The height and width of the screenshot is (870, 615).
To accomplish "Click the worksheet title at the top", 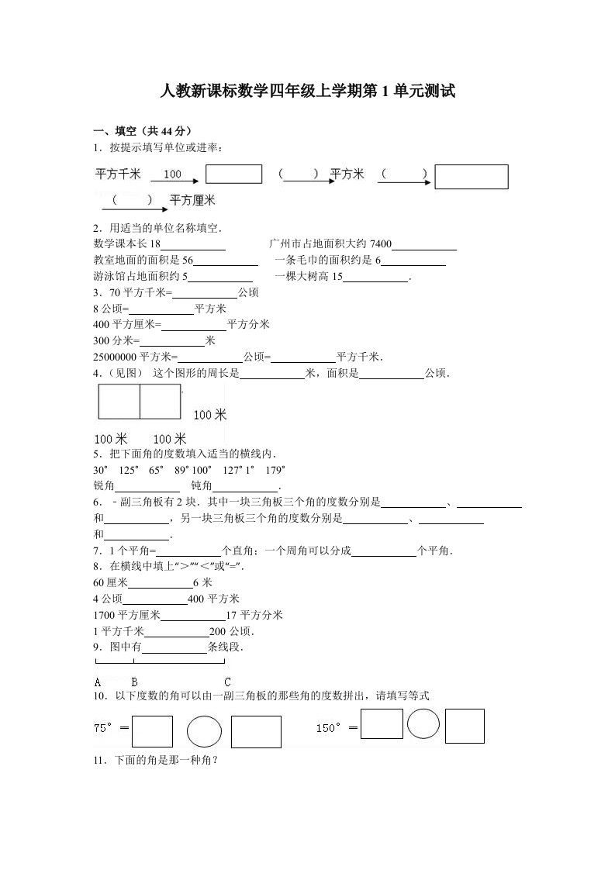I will pyautogui.click(x=307, y=91).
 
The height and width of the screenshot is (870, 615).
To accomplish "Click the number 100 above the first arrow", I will pyautogui.click(x=172, y=174).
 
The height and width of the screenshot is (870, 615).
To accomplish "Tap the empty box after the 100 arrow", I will pyautogui.click(x=233, y=174).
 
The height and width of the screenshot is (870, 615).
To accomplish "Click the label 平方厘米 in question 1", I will pyautogui.click(x=192, y=200).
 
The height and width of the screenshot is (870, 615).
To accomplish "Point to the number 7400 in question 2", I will pyautogui.click(x=382, y=244).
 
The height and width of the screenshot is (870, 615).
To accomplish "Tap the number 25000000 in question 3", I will pyautogui.click(x=115, y=357).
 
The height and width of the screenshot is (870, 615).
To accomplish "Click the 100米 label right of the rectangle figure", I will pyautogui.click(x=209, y=416).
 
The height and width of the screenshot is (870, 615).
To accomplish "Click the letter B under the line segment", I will pyautogui.click(x=134, y=682).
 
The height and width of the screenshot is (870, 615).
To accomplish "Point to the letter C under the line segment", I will pyautogui.click(x=227, y=682).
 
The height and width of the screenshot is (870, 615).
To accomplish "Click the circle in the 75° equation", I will pyautogui.click(x=204, y=731).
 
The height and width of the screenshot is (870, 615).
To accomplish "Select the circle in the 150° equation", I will pyautogui.click(x=423, y=725).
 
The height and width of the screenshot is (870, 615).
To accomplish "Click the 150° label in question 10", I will pyautogui.click(x=330, y=728).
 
